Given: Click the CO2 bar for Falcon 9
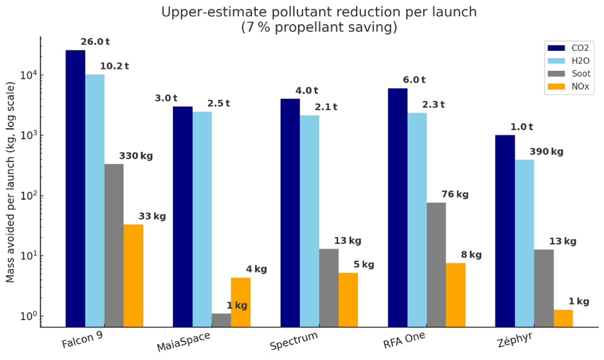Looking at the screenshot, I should click(75, 188).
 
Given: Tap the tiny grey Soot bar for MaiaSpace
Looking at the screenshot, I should click(221, 320).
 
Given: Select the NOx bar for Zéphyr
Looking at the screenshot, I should click(563, 318).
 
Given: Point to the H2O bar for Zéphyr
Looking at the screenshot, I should click(524, 243).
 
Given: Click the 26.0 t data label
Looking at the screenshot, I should click(95, 42).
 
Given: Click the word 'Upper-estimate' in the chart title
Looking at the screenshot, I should click(204, 12).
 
